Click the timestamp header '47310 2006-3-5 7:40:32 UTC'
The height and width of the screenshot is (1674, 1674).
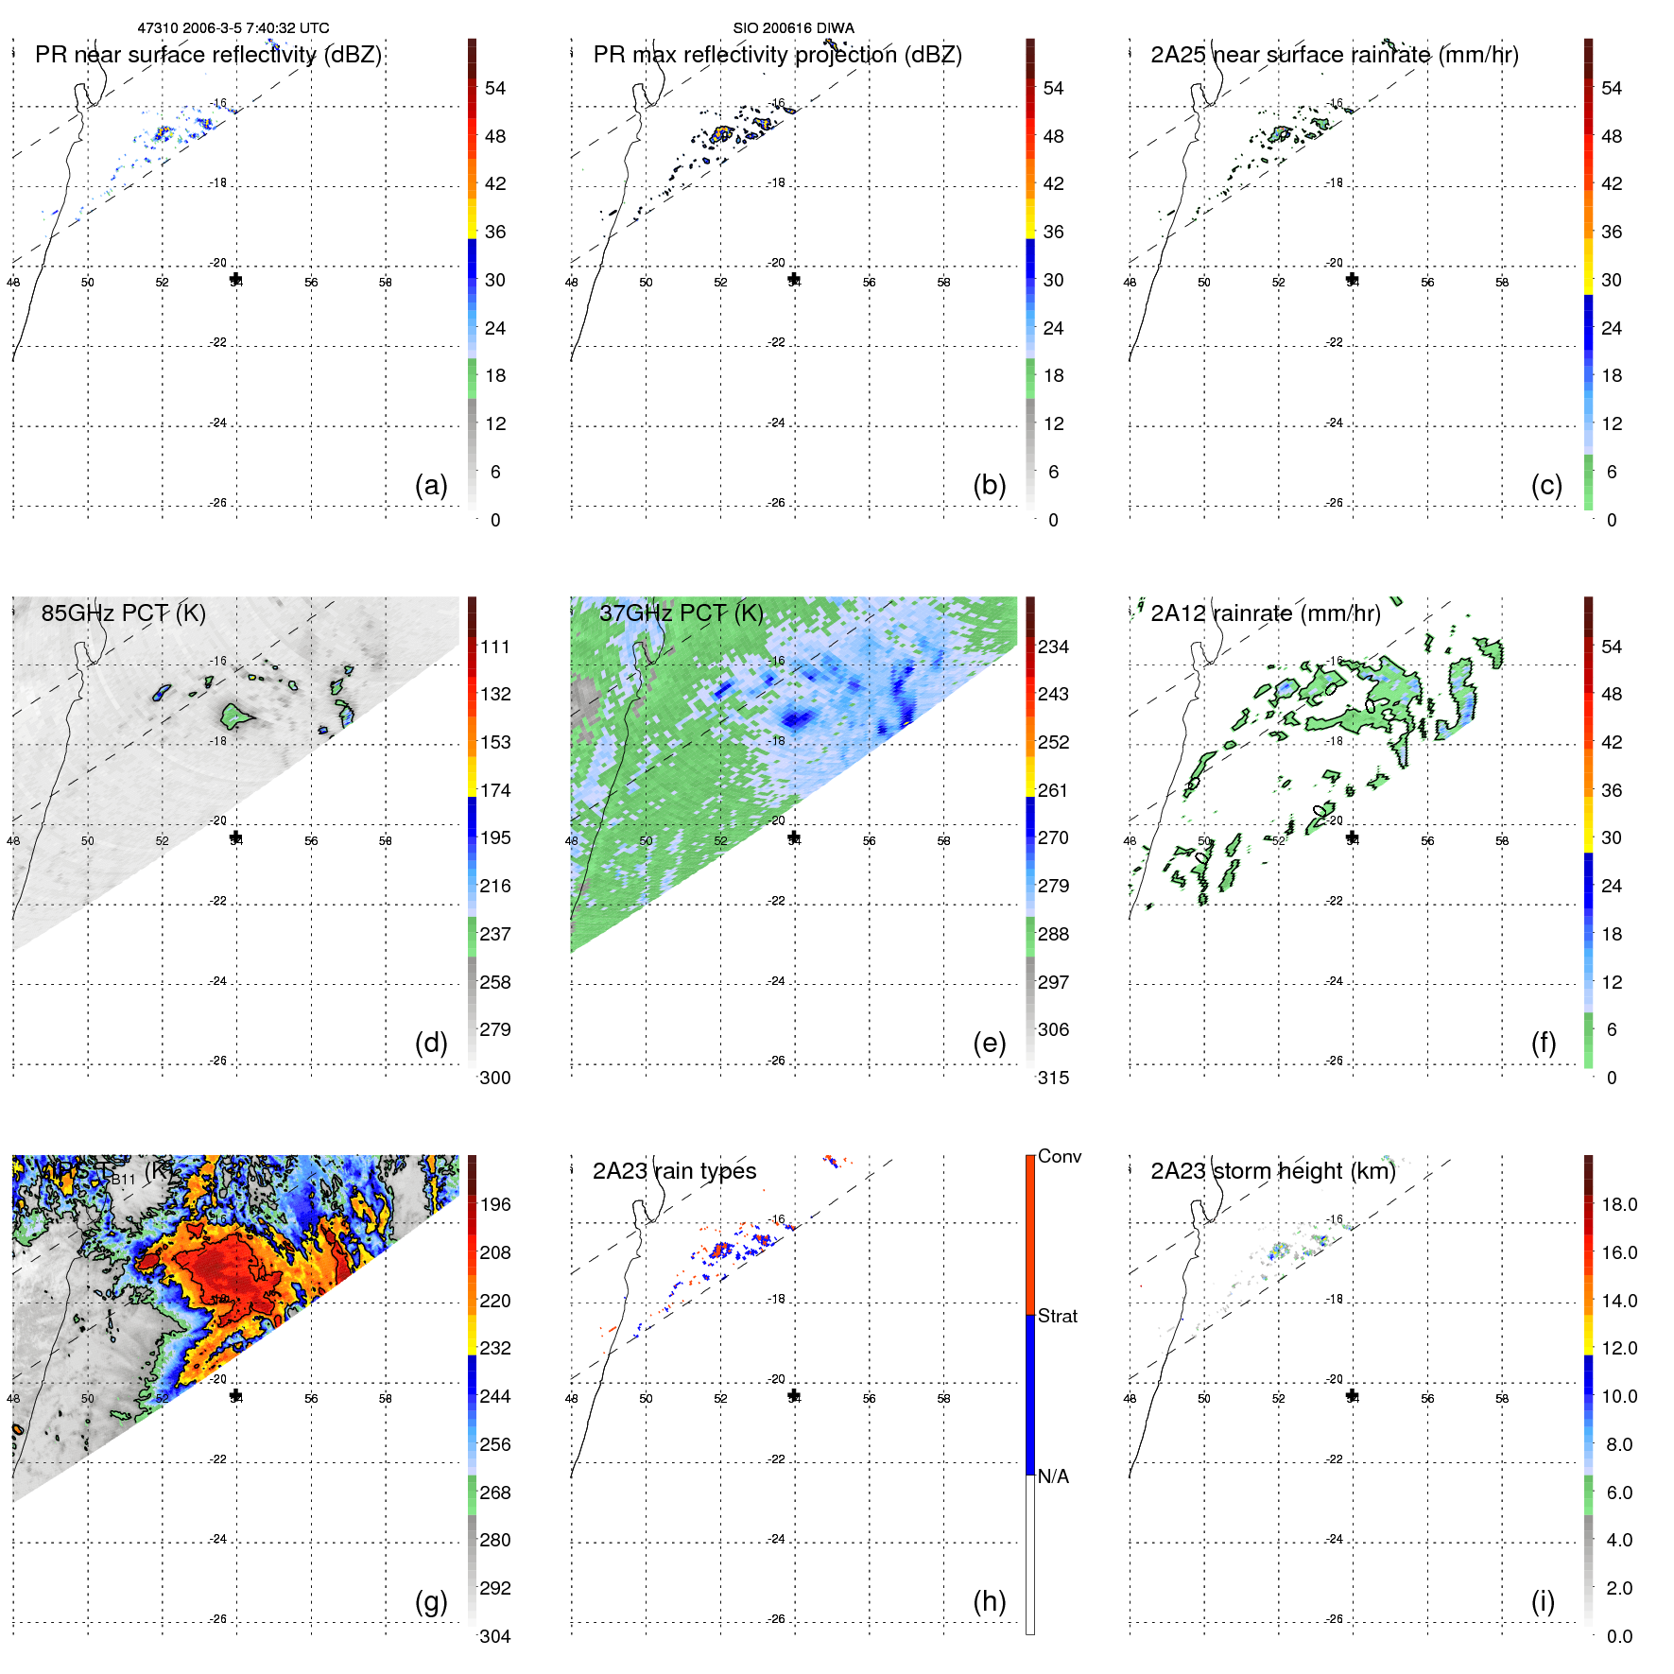(233, 28)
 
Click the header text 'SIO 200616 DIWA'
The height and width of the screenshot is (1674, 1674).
(793, 28)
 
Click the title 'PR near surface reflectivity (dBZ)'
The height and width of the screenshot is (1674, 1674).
(208, 55)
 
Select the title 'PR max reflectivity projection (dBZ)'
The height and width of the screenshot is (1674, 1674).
(777, 55)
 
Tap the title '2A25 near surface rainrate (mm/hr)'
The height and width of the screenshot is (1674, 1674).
(1334, 55)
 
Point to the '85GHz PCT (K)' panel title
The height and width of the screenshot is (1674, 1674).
(123, 613)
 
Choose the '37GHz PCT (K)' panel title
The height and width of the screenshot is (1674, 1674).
(681, 613)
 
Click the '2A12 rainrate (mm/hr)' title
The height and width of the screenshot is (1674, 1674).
(1265, 613)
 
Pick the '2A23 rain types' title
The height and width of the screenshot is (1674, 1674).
(674, 1171)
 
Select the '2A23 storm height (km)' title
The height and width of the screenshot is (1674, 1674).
(1272, 1171)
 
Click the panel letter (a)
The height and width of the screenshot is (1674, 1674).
(431, 485)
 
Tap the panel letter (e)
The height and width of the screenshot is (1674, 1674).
(989, 1043)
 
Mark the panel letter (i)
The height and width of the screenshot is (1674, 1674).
(1543, 1601)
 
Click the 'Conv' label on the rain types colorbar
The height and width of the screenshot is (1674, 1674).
(1059, 1156)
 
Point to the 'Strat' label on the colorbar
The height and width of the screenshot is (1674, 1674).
(1057, 1316)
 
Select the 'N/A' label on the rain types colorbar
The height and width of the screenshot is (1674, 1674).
(1053, 1476)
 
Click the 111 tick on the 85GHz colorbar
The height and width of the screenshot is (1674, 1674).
(495, 647)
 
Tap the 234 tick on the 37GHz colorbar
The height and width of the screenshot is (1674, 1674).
(1053, 647)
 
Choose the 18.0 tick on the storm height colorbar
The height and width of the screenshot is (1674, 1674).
(1618, 1204)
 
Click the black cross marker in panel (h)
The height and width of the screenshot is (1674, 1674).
(794, 1396)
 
